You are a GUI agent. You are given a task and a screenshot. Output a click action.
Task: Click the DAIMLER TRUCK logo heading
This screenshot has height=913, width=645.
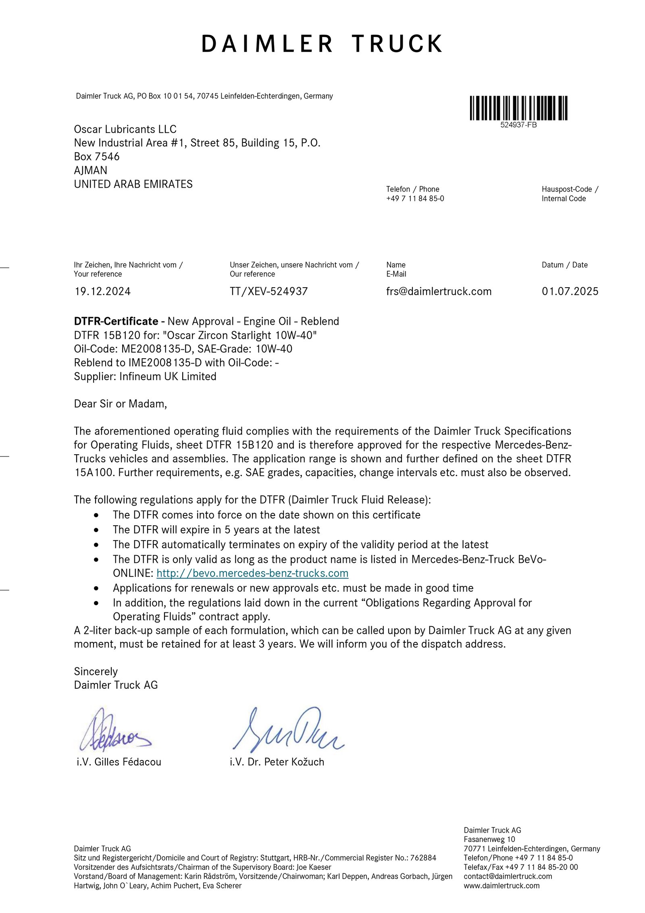(x=322, y=44)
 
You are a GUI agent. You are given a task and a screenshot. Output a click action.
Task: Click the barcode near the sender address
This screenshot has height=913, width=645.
(x=518, y=108)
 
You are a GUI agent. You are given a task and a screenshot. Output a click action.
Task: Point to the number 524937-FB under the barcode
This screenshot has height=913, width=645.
(x=518, y=125)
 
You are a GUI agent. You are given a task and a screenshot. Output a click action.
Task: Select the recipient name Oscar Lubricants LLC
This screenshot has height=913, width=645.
(x=125, y=129)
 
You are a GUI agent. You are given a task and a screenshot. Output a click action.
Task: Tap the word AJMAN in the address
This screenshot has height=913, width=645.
(x=90, y=170)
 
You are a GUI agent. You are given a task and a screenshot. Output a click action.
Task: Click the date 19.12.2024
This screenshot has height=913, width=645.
(x=102, y=291)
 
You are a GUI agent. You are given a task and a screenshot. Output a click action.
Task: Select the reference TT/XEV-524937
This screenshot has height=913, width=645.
(x=268, y=291)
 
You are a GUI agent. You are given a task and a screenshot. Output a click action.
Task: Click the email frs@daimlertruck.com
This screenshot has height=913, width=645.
(x=439, y=291)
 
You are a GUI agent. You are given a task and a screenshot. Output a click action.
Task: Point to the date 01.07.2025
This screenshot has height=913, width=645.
(x=570, y=291)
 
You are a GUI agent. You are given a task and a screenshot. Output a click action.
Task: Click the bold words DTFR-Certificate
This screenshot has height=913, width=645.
(x=116, y=321)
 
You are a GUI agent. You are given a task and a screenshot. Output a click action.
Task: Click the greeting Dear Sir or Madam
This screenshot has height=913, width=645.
(x=120, y=403)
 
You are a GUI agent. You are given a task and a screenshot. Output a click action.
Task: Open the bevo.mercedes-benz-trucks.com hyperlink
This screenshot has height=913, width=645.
(x=252, y=573)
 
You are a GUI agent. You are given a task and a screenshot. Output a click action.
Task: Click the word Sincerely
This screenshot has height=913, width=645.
(x=96, y=671)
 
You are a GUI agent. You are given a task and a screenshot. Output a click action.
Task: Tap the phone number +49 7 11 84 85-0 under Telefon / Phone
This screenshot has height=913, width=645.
(x=415, y=198)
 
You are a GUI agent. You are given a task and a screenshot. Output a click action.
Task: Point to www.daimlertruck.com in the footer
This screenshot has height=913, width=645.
(x=501, y=886)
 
